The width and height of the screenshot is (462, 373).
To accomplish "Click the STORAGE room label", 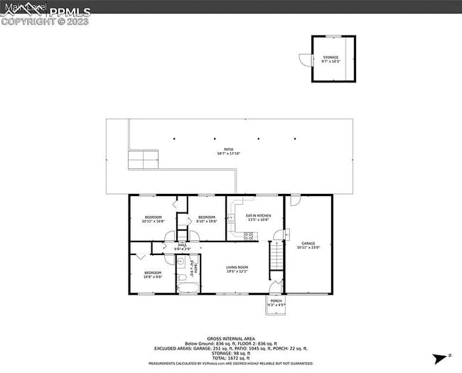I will (331, 59).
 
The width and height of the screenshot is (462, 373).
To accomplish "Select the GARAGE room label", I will (308, 245).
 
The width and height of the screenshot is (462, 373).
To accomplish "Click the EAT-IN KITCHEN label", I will (258, 217).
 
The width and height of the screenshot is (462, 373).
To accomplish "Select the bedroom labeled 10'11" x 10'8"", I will (153, 219).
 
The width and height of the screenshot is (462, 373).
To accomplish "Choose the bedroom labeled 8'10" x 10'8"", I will (206, 219).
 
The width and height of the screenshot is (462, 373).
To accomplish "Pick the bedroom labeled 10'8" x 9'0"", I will (153, 274).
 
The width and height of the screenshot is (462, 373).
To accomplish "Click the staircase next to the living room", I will (276, 259).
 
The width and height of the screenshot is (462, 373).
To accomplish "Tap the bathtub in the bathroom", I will (188, 287).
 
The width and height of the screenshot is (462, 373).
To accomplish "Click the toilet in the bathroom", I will (181, 277).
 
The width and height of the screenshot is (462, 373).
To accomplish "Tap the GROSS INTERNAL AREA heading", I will (230, 338).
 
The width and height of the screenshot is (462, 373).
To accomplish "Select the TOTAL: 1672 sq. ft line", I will (230, 357).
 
